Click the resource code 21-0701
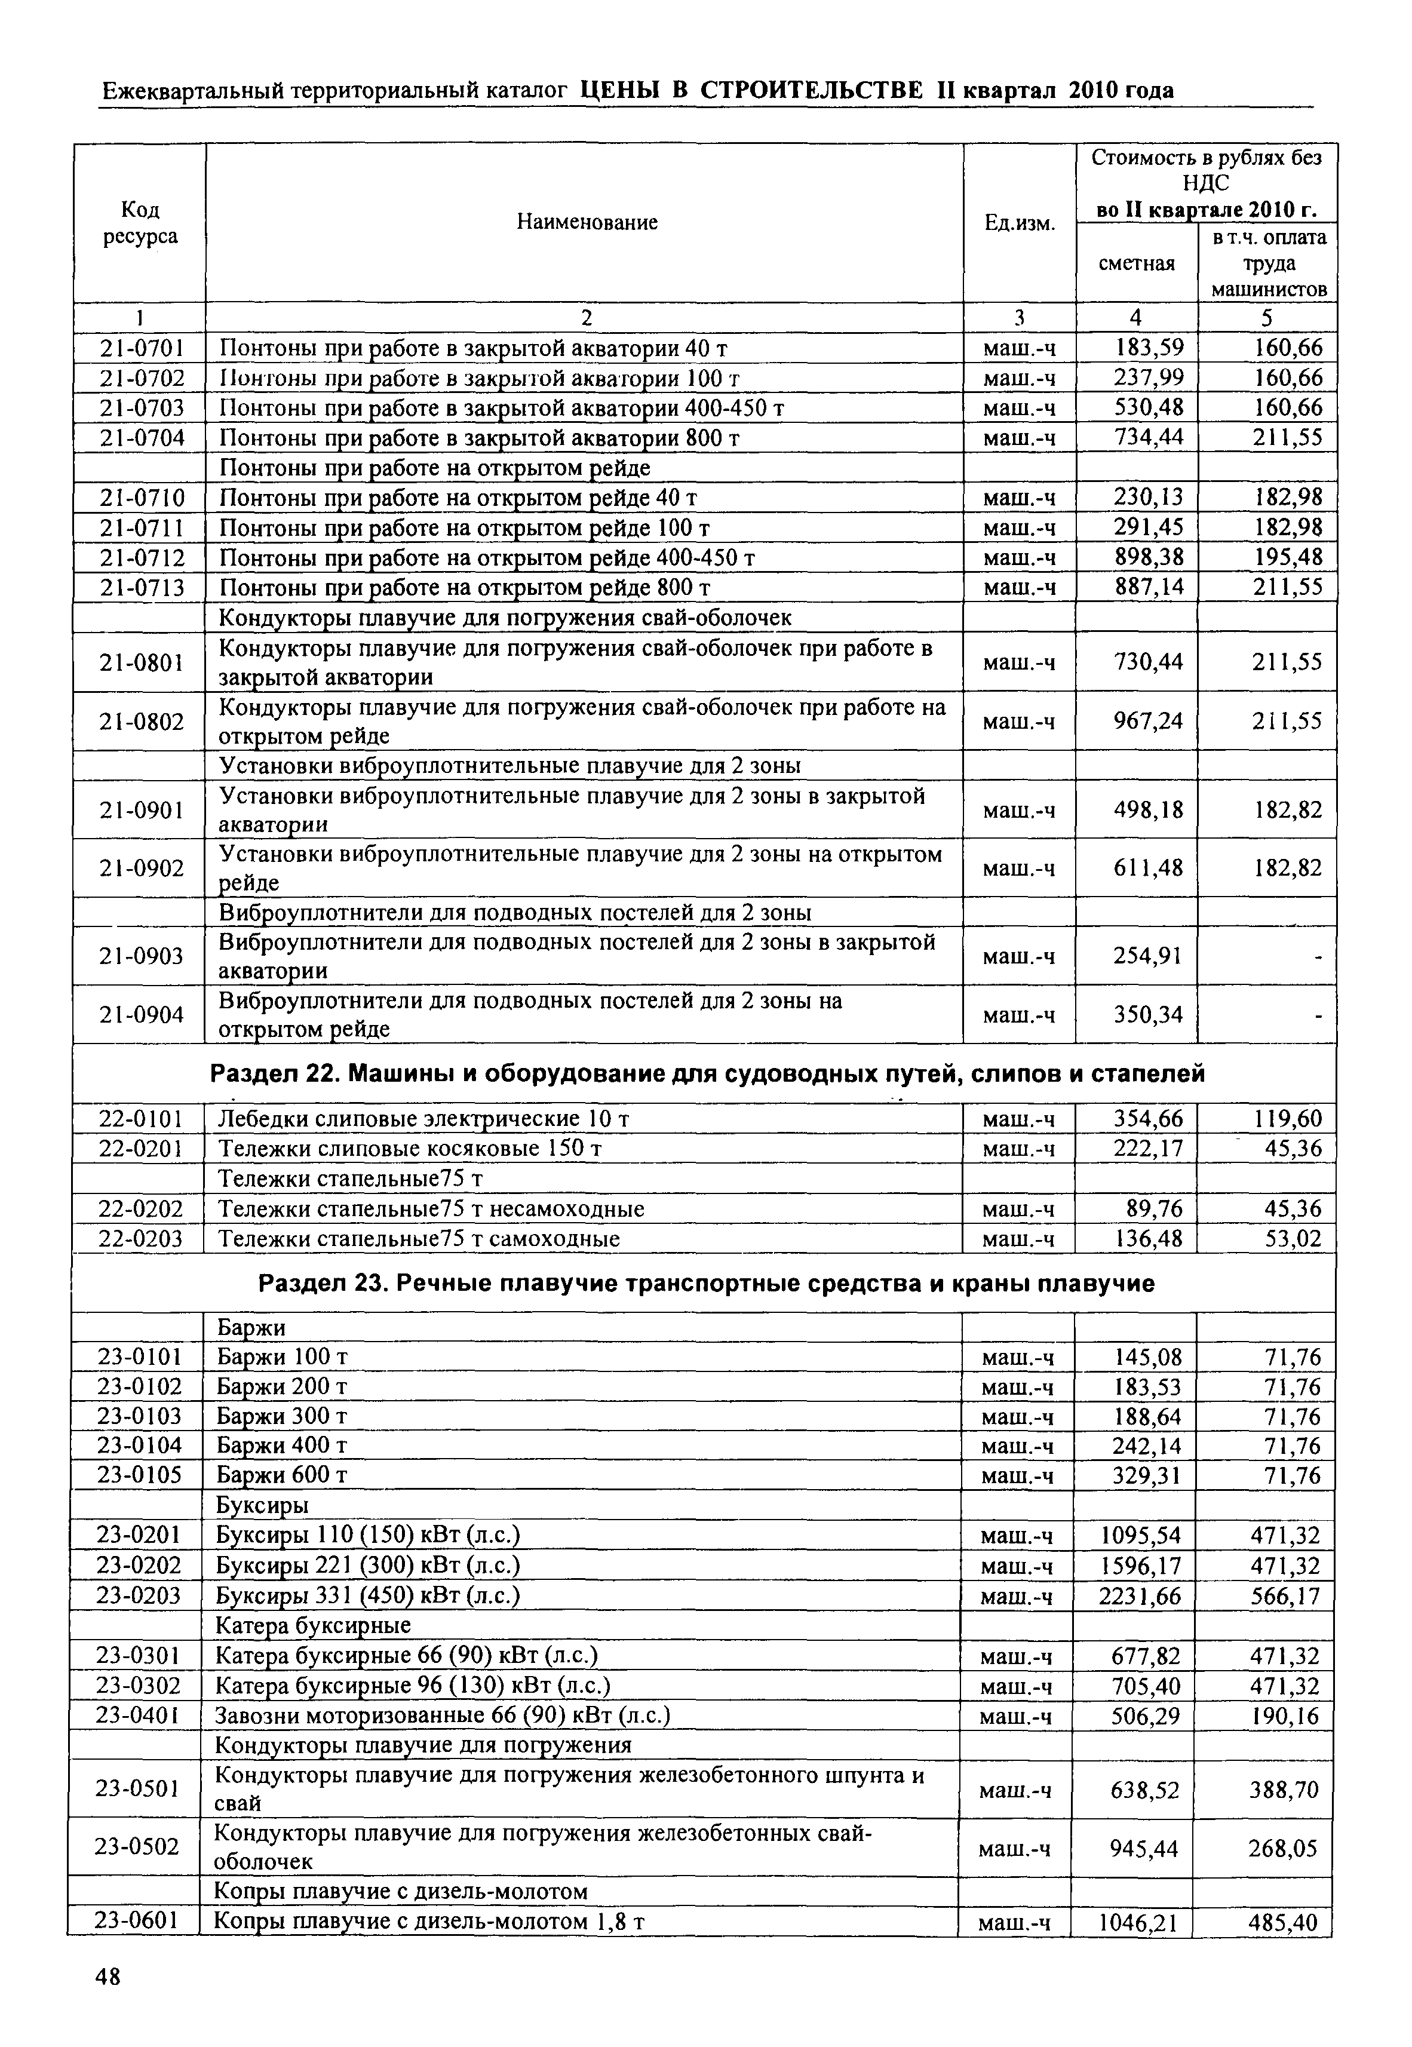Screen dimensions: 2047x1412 (x=142, y=348)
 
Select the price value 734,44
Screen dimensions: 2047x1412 (x=1147, y=437)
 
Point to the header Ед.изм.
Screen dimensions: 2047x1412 (x=1020, y=222)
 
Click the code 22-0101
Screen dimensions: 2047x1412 (x=140, y=1119)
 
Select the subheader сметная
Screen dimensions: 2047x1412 (x=1137, y=263)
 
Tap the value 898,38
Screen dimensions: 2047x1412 (x=1147, y=557)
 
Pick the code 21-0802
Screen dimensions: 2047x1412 (x=142, y=722)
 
